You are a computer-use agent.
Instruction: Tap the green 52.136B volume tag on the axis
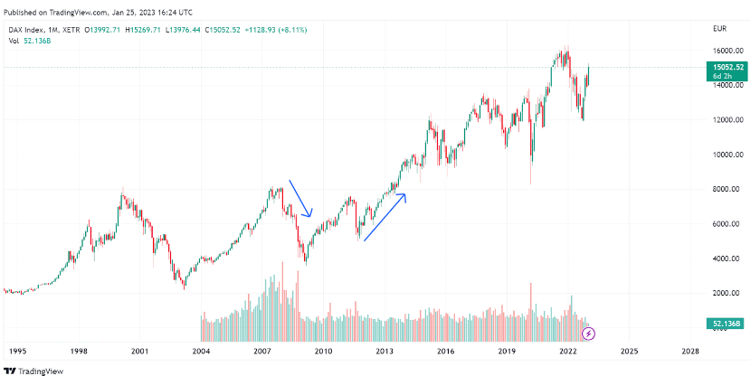click(726, 323)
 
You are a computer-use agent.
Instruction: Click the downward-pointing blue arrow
click(300, 199)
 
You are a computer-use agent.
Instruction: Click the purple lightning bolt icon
click(589, 334)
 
